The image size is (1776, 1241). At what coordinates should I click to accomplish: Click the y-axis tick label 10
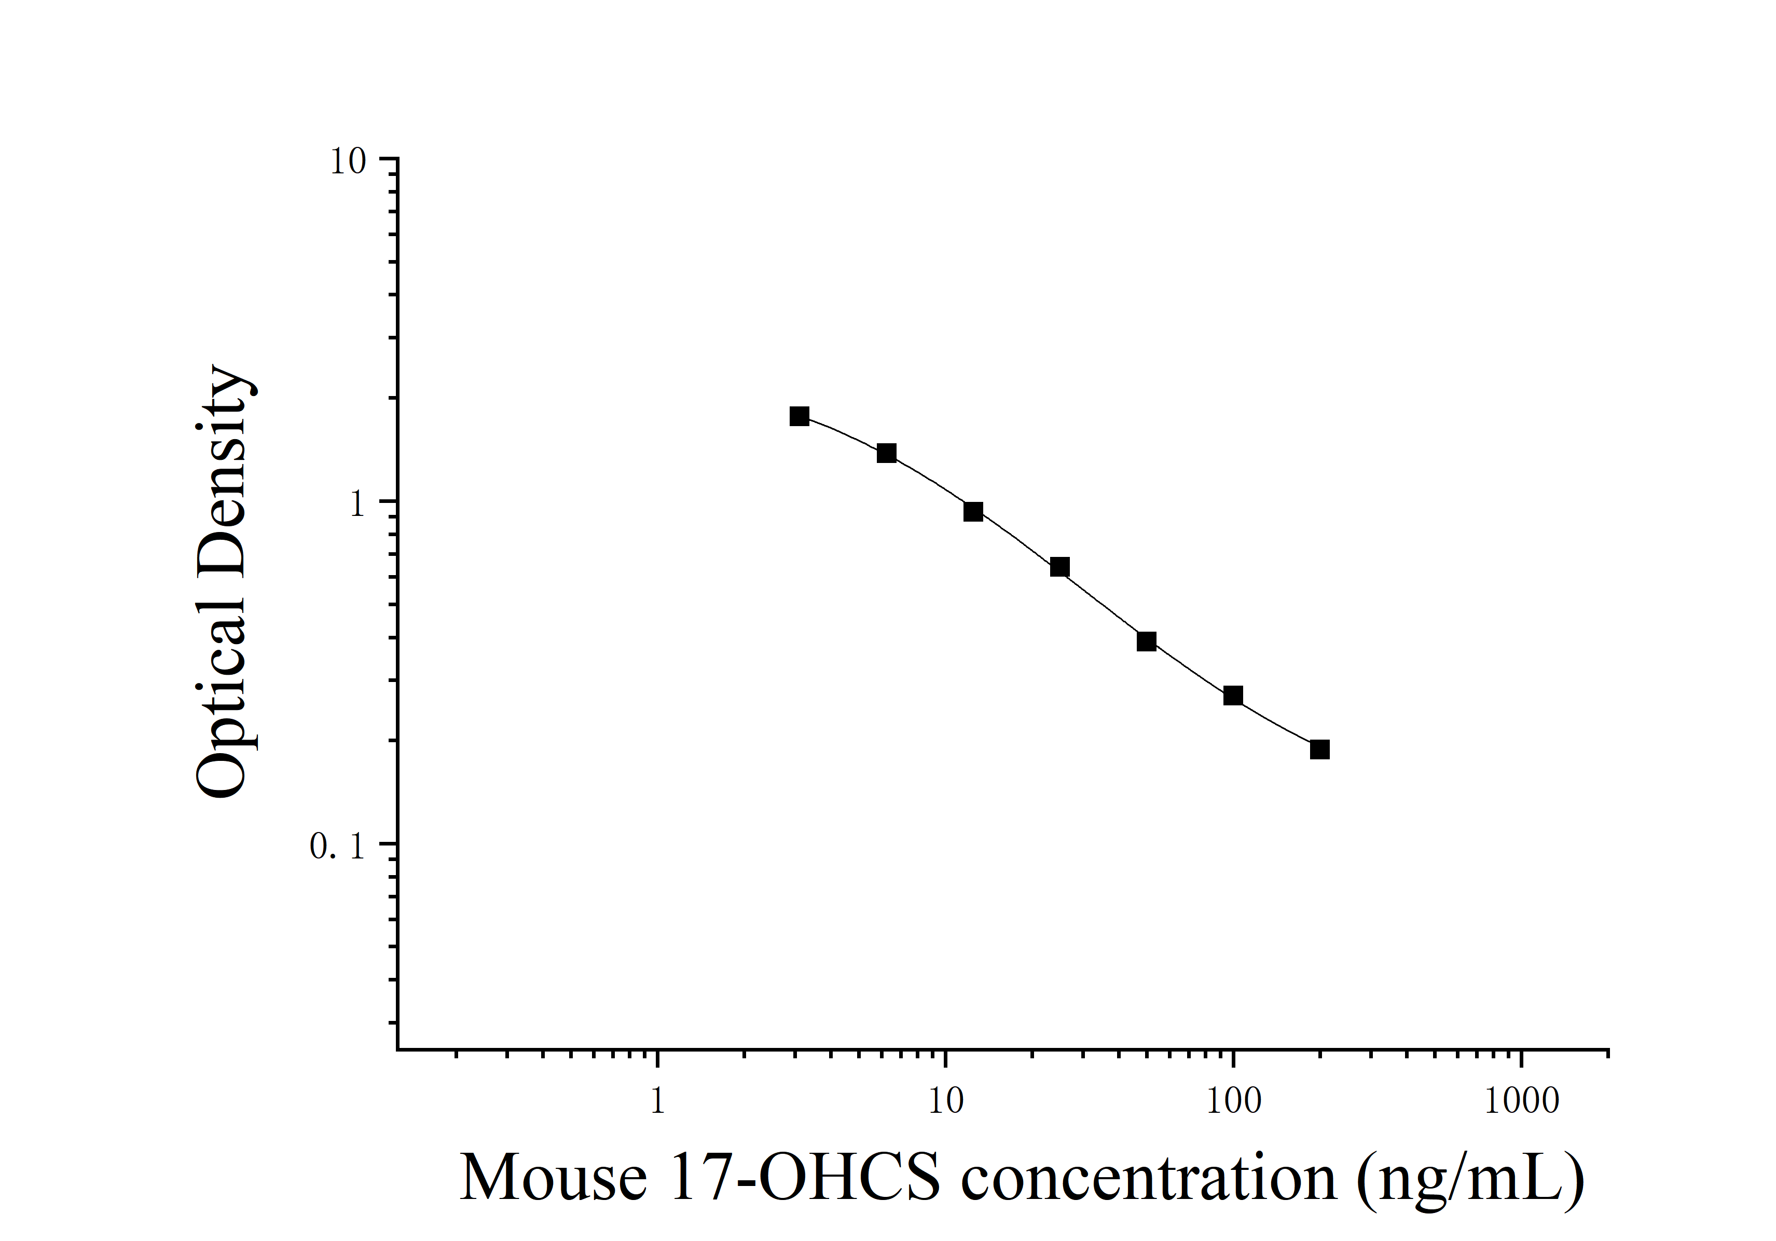347,162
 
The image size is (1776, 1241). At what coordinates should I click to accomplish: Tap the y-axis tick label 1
356,504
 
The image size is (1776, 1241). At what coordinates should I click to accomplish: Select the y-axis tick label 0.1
337,847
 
